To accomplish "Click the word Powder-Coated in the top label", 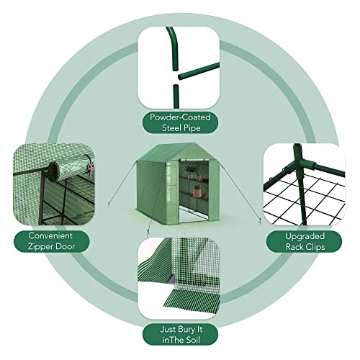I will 180,118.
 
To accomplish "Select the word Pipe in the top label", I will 192,130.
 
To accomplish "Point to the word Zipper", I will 37,247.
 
